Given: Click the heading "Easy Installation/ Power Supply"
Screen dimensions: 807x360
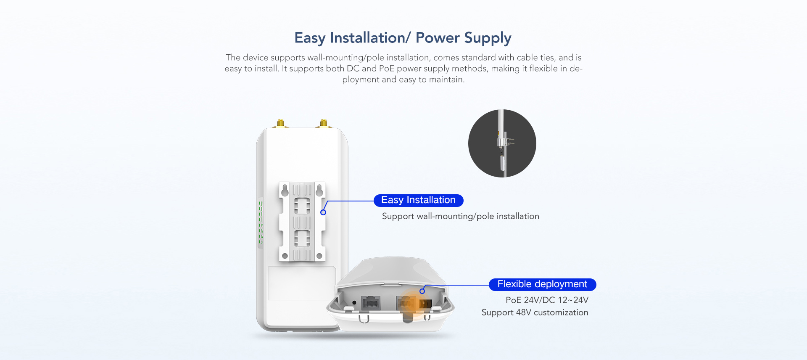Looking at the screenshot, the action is [403, 38].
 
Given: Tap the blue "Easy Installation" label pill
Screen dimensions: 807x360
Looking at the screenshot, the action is [419, 200].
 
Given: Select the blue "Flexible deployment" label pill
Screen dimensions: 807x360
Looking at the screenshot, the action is [542, 284].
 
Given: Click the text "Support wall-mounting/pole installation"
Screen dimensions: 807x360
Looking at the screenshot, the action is [461, 216].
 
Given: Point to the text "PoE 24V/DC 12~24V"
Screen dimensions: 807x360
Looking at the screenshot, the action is [547, 300].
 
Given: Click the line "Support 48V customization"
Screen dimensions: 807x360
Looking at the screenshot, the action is [535, 312].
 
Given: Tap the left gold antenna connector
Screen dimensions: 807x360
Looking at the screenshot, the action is [280, 123].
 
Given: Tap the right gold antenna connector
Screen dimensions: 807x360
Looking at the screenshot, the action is [324, 123].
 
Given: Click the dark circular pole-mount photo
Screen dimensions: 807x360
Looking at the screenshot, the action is [502, 143].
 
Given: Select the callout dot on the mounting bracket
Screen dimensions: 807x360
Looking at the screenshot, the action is [323, 212].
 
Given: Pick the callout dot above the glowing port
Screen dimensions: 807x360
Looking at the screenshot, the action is [422, 291].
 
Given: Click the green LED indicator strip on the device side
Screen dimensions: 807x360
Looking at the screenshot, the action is [261, 222].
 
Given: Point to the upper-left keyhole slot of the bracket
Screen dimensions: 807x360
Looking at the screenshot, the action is [285, 190].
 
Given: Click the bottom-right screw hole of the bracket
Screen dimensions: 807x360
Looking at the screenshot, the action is [319, 256].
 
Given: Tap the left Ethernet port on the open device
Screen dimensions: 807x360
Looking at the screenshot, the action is [371, 303].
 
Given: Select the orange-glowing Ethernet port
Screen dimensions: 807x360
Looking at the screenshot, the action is [406, 303].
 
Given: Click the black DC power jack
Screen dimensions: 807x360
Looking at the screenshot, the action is [425, 304].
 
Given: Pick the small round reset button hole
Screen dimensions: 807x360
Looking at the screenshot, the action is [354, 302].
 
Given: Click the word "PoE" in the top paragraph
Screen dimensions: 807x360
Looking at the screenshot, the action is [387, 69].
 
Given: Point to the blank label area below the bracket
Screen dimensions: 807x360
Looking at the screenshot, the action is [302, 283].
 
